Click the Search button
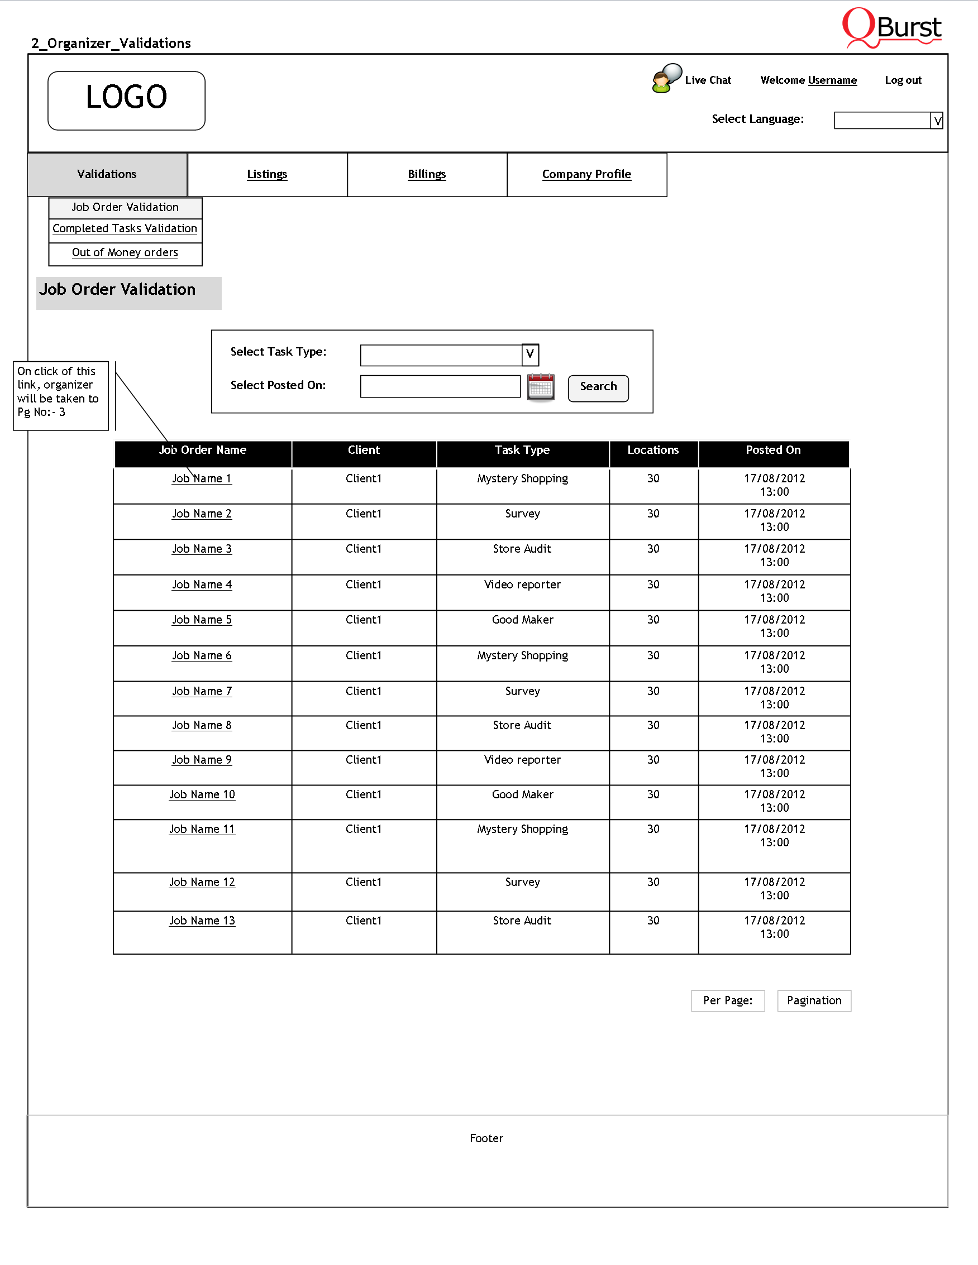pos(598,387)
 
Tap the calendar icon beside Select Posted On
pos(541,387)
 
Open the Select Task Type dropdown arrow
pos(530,354)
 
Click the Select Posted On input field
pos(440,386)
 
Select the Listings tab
pos(267,174)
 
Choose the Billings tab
pos(427,174)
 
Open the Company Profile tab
pos(586,174)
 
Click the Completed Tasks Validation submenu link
pos(125,229)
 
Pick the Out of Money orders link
pos(125,252)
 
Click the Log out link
pos(903,80)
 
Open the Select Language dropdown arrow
pos(937,121)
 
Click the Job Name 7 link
pos(202,691)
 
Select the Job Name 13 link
pos(202,921)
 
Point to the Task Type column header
pos(522,451)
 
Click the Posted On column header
pos(773,451)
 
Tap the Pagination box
pos(814,1000)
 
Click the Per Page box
pos(728,1000)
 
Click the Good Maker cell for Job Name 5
pos(523,620)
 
